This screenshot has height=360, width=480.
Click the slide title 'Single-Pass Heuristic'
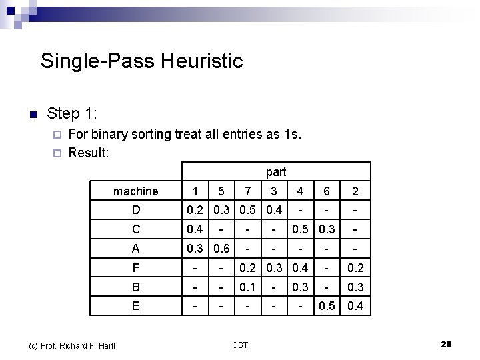[141, 61]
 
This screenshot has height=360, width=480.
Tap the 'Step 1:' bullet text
[73, 113]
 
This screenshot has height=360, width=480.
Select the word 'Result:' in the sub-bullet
[89, 153]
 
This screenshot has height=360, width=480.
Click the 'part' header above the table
[275, 172]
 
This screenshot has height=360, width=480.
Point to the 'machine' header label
[136, 191]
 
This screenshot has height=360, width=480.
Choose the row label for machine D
[136, 211]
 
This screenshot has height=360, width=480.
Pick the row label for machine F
[136, 268]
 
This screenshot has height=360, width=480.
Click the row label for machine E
[136, 306]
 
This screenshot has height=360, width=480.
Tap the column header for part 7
[247, 191]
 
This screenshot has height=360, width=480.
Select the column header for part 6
[326, 191]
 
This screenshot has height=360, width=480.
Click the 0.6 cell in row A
[221, 249]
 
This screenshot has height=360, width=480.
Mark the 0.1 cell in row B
[247, 287]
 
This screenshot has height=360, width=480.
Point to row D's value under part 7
[247, 211]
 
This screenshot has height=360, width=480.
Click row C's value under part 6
[326, 230]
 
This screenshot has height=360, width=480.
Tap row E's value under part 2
[355, 307]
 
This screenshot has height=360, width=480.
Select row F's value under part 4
[301, 268]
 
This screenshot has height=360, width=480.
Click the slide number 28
[446, 344]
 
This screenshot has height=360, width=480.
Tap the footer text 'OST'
[240, 345]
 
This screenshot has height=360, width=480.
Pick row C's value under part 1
[195, 230]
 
